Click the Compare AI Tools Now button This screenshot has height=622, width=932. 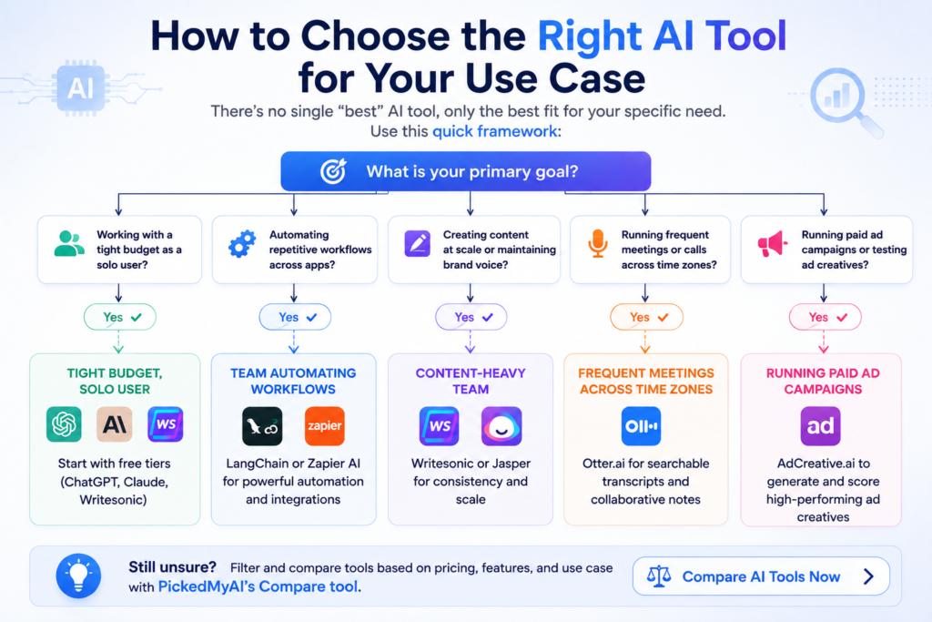point(761,576)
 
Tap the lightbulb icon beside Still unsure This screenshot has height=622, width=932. point(78,576)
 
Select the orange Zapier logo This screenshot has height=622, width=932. point(325,426)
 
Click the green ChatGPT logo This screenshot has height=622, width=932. point(65,424)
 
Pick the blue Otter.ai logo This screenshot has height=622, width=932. point(641,426)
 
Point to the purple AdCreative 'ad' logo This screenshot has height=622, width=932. point(820,426)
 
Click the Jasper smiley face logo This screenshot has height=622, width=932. point(501,426)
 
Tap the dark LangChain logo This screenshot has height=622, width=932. point(262,426)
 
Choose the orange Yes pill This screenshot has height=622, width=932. point(647,317)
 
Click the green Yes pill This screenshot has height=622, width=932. point(120,317)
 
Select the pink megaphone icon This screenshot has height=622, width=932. point(772,244)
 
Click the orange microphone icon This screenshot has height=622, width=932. point(598,243)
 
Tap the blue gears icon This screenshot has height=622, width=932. point(242,244)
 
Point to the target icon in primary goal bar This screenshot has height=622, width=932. point(333,170)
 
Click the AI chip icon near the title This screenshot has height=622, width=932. point(81,88)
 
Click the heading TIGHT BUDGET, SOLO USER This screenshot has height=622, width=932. point(115,382)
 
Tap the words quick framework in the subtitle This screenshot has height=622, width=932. point(494,131)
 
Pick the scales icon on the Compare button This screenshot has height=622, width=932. point(659,576)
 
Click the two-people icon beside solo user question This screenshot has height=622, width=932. point(69,243)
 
